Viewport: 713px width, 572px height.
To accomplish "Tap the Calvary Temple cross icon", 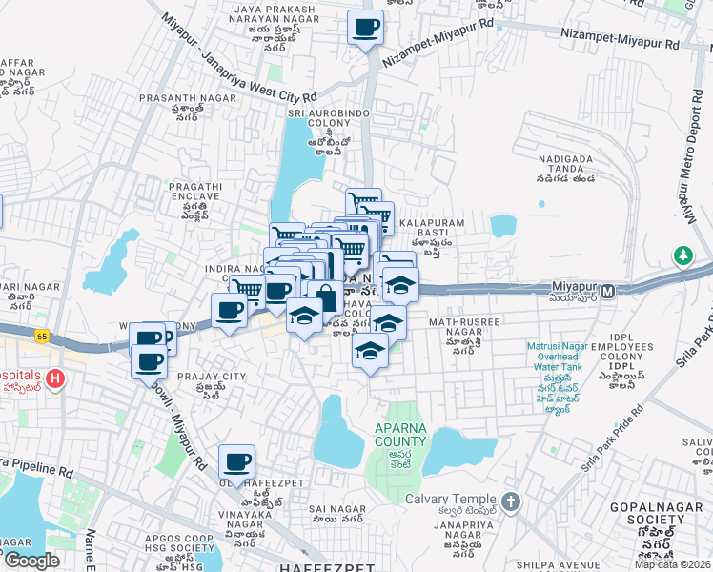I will pos(510,500).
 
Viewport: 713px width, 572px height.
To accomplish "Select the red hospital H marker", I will pos(55,379).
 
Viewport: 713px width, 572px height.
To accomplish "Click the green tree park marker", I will pos(682,255).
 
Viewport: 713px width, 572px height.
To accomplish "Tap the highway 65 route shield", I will pos(41,336).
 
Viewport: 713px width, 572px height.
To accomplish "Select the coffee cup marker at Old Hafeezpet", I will pos(236,462).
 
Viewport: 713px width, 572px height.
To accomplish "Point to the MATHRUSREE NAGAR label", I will pos(463,330).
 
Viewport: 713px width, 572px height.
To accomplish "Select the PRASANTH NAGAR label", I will pos(178,97).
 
